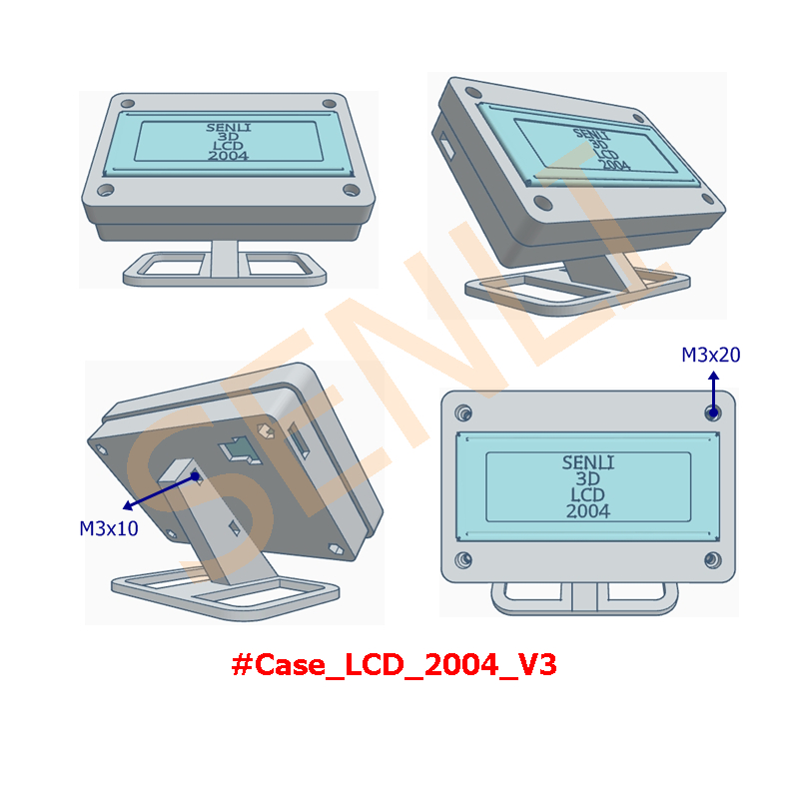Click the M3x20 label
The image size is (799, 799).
[711, 355]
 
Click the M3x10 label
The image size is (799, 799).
[109, 528]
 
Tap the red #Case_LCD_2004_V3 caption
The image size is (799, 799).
[394, 664]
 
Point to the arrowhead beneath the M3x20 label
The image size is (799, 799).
[714, 376]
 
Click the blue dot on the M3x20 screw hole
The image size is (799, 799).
[713, 412]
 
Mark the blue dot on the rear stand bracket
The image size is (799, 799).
[195, 476]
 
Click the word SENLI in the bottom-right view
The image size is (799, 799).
[588, 462]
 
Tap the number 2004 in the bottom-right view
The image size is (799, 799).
[588, 511]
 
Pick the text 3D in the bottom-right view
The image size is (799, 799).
[588, 478]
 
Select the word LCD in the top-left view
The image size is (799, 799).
[228, 146]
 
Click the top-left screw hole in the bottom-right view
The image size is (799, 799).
[463, 412]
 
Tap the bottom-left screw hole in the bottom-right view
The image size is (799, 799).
[463, 559]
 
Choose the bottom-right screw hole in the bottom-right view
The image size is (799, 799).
[713, 560]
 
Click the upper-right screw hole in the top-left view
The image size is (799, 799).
[330, 104]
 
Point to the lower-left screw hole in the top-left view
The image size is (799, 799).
[106, 191]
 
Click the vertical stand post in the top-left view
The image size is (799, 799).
[225, 259]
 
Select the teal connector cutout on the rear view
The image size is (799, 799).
[240, 450]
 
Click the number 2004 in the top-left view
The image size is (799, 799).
[228, 156]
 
